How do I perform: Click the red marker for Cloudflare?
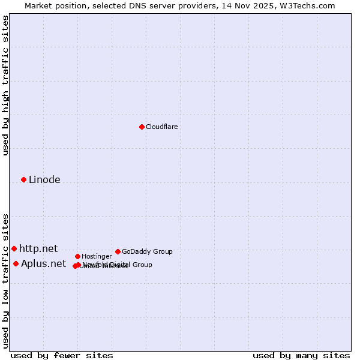[142, 127]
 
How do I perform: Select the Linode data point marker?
[23, 179]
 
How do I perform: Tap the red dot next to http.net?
[14, 248]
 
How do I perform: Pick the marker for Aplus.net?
[16, 263]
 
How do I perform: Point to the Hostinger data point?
[77, 256]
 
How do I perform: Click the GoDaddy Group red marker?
[118, 251]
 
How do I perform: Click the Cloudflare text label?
[161, 127]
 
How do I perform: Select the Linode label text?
[44, 179]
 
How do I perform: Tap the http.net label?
[38, 248]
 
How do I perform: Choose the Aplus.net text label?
[43, 263]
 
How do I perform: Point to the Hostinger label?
[97, 256]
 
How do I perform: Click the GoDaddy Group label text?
[147, 251]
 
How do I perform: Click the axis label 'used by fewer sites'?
[62, 355]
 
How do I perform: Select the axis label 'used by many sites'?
[301, 355]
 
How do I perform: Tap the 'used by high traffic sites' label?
[5, 85]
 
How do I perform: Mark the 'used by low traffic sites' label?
[5, 280]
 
